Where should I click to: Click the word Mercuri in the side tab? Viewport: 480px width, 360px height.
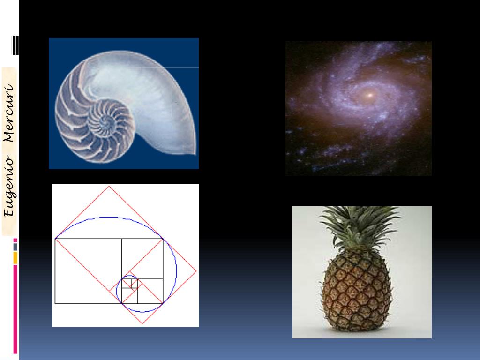pyautogui.click(x=9, y=112)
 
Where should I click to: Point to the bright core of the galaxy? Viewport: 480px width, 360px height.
pyautogui.click(x=369, y=95)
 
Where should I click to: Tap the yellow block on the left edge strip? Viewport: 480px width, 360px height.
pyautogui.click(x=15, y=258)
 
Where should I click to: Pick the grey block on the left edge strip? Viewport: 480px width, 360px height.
pyautogui.click(x=15, y=247)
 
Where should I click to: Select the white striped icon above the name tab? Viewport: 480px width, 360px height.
pyautogui.click(x=15, y=46)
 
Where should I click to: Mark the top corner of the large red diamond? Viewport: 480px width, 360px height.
pyautogui.click(x=109, y=187)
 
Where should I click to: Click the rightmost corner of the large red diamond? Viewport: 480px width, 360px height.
pyautogui.click(x=196, y=271)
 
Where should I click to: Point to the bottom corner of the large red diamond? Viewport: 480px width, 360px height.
pyautogui.click(x=142, y=323)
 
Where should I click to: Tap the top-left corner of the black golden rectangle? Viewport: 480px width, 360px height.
pyautogui.click(x=55, y=239)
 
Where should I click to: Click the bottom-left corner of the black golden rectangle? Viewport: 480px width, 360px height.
pyautogui.click(x=55, y=303)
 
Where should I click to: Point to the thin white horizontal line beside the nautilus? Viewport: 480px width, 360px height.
pyautogui.click(x=183, y=68)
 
